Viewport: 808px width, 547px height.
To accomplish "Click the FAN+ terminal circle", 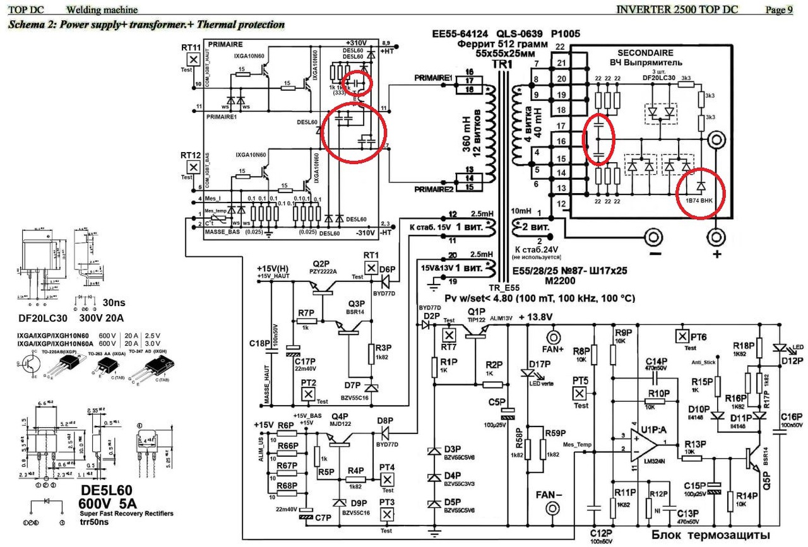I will pyautogui.click(x=554, y=334).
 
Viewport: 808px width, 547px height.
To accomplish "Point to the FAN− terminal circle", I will pyautogui.click(x=554, y=509).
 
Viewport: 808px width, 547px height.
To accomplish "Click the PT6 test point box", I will pyautogui.click(x=681, y=334).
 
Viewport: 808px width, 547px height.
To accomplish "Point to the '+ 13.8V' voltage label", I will pyautogui.click(x=535, y=317).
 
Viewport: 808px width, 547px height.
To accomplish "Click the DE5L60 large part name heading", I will pyautogui.click(x=115, y=491).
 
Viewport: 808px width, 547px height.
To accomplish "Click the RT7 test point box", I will pyautogui.click(x=450, y=334).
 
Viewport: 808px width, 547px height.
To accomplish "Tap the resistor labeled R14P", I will pyautogui.click(x=731, y=501).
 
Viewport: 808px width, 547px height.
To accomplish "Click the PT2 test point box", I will pyautogui.click(x=309, y=394).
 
